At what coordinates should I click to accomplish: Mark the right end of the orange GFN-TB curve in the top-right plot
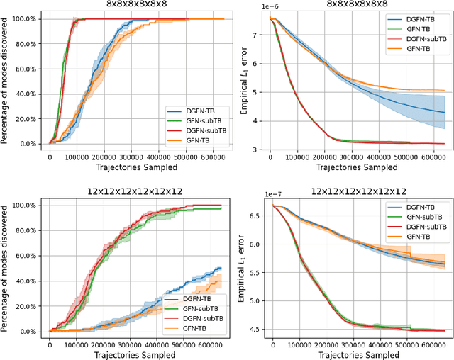pos(445,91)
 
